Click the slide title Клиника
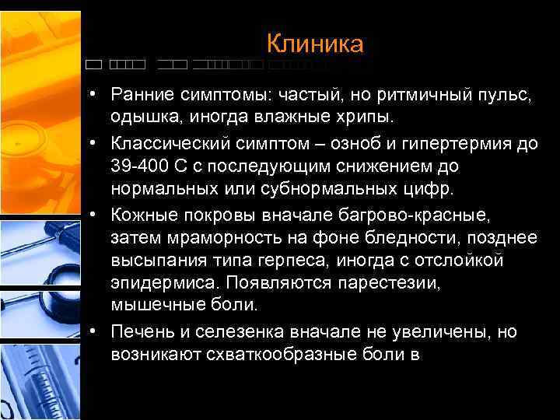pos(315,44)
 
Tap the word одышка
pos(142,117)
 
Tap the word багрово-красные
pos(422,214)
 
